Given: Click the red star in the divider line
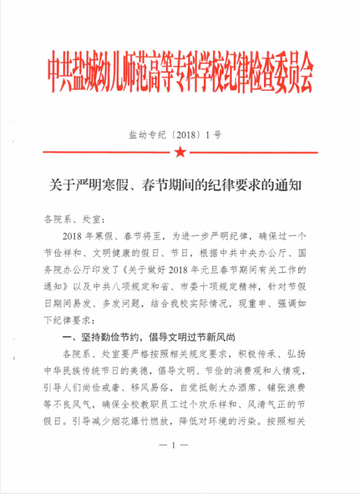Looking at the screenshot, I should pyautogui.click(x=179, y=153).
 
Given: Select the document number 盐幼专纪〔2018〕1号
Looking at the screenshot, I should pyautogui.click(x=175, y=134).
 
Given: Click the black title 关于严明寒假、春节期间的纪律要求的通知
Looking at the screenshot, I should pyautogui.click(x=179, y=186).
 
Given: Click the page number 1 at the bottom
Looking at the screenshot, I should pyautogui.click(x=175, y=462).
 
